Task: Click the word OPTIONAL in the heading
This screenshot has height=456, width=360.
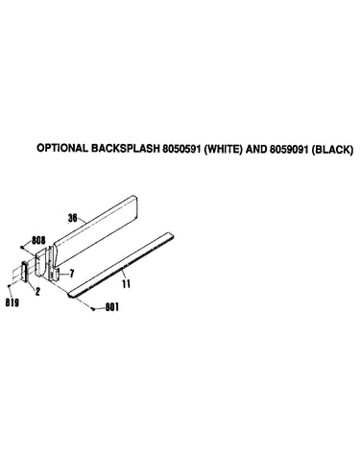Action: [62, 148]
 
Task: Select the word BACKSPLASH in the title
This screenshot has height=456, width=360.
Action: [125, 148]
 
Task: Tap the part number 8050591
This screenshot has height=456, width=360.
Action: [181, 149]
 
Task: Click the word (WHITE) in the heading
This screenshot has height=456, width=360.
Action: [223, 149]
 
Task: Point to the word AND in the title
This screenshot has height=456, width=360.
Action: [256, 149]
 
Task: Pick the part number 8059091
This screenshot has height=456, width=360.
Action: [289, 149]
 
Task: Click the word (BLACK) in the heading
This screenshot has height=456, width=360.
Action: [332, 150]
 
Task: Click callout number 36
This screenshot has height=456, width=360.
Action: [73, 218]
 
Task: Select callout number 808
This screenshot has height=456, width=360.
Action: [38, 240]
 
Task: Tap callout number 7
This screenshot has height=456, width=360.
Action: [72, 274]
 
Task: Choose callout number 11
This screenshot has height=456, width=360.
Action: [127, 283]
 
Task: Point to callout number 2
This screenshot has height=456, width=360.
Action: [37, 291]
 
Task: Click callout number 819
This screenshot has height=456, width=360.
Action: [12, 302]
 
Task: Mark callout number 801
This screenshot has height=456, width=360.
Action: [112, 307]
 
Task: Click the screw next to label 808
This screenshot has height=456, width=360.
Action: [21, 247]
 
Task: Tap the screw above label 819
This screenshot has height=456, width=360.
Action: [10, 285]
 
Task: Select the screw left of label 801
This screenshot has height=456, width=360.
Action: [93, 309]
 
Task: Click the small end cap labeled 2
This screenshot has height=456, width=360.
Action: [25, 271]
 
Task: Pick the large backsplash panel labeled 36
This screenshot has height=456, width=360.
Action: [95, 231]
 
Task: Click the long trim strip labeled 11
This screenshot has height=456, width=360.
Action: [121, 265]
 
